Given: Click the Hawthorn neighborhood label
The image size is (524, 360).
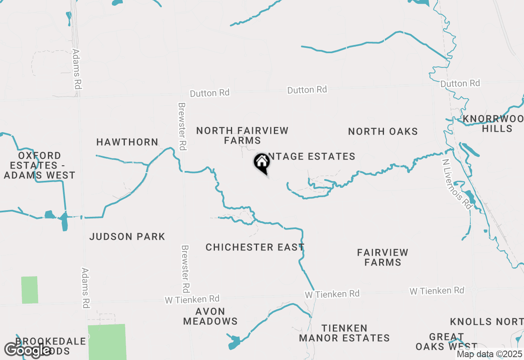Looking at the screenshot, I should (127, 142).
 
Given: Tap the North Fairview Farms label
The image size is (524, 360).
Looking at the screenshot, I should (242, 135).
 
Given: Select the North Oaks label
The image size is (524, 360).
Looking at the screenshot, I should (383, 131).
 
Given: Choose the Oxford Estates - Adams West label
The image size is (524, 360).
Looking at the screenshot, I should (40, 165).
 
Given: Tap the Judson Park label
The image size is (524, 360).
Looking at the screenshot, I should (127, 236).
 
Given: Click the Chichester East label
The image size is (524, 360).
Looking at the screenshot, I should (255, 247).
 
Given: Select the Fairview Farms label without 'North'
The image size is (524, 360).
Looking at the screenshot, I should (382, 257).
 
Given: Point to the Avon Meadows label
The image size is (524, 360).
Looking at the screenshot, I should (210, 316).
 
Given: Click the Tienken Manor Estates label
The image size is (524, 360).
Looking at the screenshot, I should (344, 333).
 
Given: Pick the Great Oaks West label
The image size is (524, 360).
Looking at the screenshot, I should (446, 342).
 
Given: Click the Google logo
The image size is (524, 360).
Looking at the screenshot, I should (27, 350).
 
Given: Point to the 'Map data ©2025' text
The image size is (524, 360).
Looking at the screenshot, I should (489, 354).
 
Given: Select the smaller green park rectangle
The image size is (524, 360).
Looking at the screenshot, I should (29, 290).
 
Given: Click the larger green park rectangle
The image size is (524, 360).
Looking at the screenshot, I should (107, 342).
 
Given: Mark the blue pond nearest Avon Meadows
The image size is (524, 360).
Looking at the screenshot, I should (234, 342).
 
